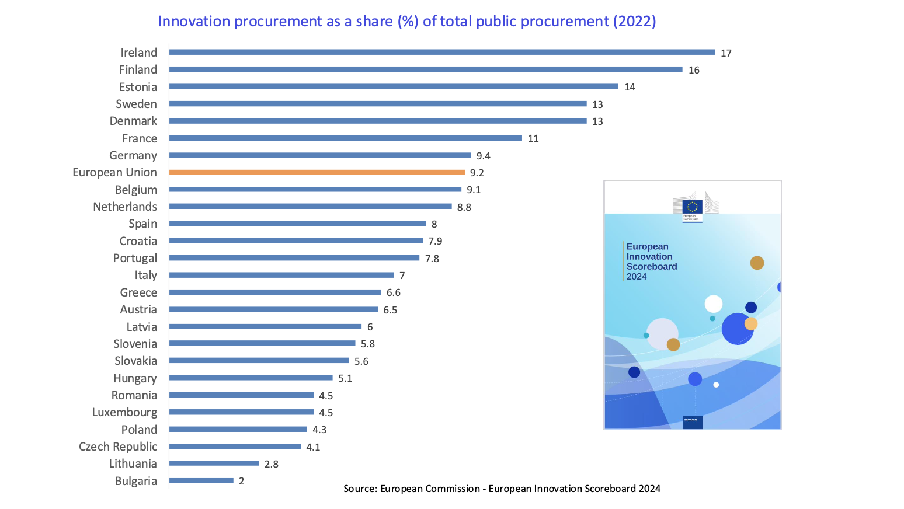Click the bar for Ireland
click(441, 52)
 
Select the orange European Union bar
click(317, 172)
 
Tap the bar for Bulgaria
click(201, 481)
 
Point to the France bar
click(345, 138)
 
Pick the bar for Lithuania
click(214, 463)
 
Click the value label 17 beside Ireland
click(726, 53)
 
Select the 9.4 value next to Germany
click(483, 156)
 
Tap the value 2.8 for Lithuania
click(271, 464)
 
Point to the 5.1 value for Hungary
click(345, 378)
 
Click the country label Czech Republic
click(118, 447)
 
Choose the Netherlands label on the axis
click(125, 207)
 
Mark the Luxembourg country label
click(124, 412)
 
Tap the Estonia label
click(138, 87)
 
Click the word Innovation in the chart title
click(194, 22)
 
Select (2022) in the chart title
click(634, 22)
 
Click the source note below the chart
click(502, 489)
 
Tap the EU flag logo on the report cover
click(693, 207)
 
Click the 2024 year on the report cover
click(637, 277)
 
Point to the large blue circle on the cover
click(737, 329)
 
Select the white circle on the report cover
click(713, 304)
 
